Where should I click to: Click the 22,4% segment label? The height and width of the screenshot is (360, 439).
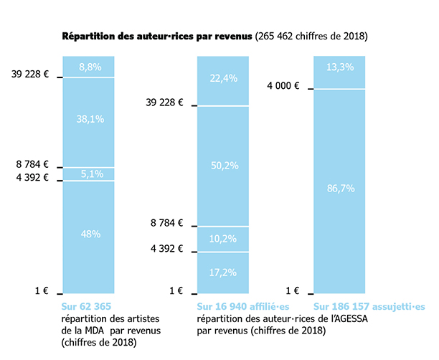(223, 79)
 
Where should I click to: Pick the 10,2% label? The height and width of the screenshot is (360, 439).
(223, 239)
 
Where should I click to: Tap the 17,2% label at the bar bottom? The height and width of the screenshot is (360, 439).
(223, 272)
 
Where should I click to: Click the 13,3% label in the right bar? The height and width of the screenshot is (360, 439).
(340, 67)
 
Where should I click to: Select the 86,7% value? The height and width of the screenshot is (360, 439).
(340, 188)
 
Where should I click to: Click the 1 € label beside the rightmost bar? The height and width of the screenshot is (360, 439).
(292, 290)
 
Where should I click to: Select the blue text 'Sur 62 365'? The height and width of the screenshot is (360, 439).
(87, 307)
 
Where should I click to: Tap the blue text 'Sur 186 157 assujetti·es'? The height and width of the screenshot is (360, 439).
(369, 307)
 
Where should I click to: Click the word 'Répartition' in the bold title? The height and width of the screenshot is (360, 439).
(87, 35)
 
